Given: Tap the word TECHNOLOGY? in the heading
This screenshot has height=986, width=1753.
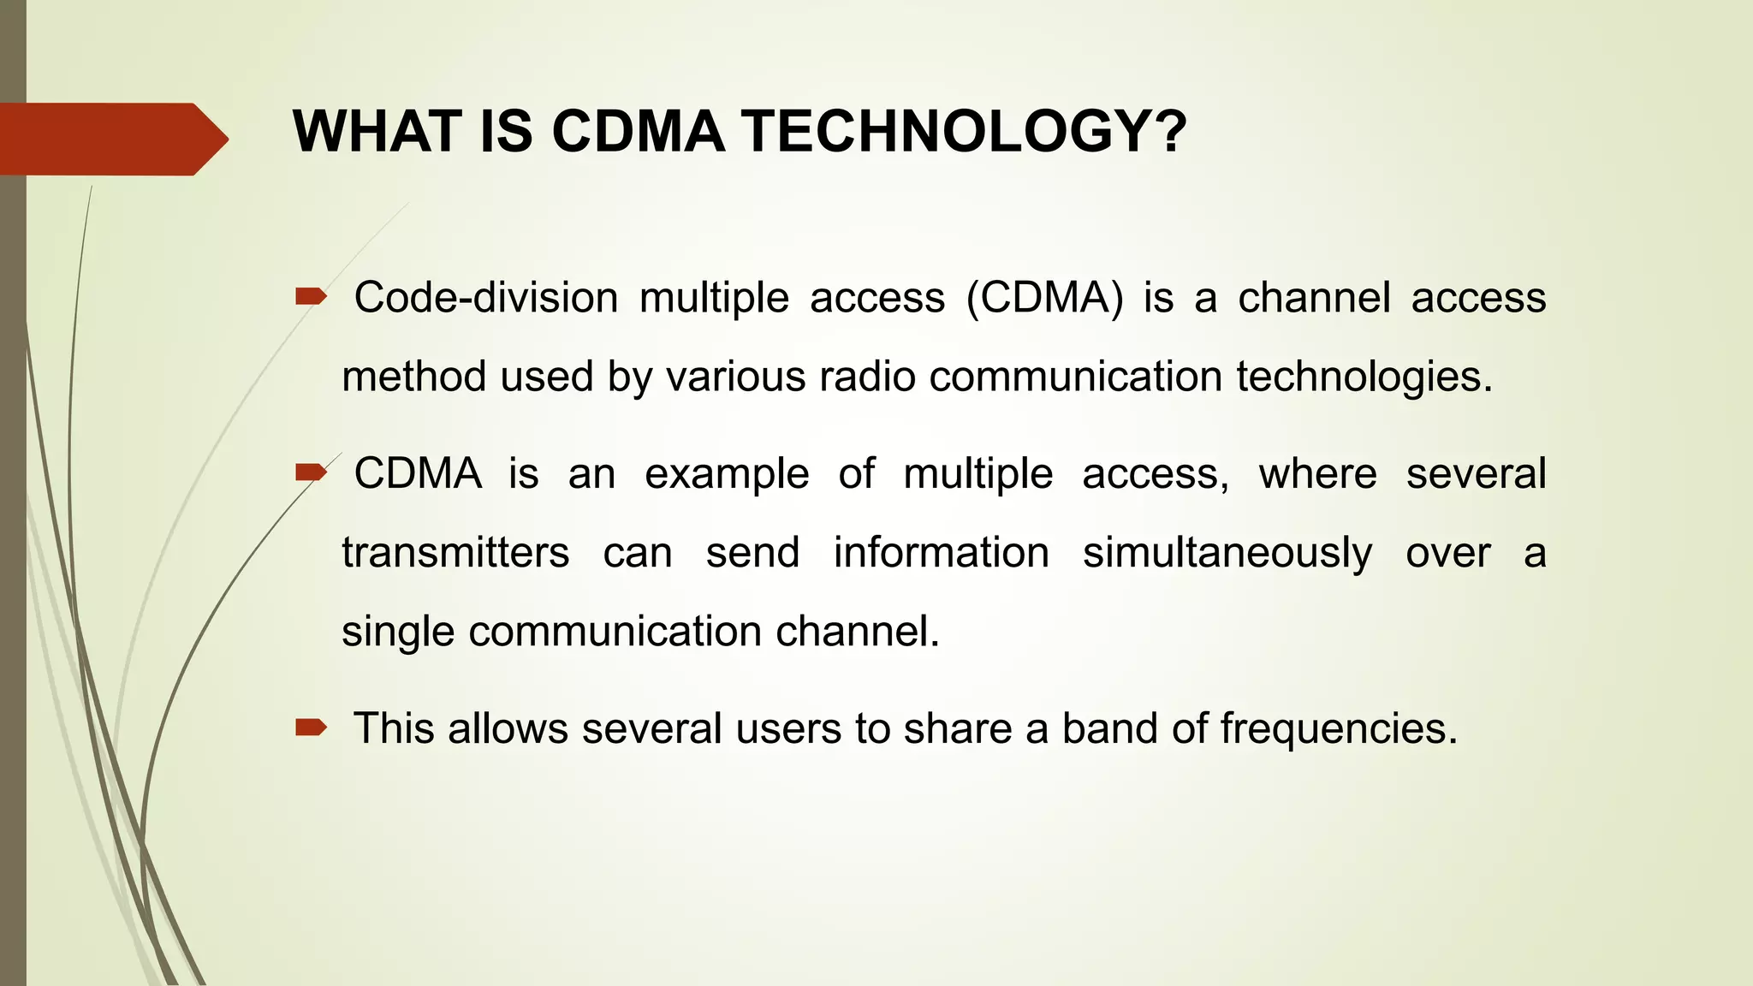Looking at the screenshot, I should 964,132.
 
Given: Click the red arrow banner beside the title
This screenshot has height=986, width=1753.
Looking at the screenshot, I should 111,139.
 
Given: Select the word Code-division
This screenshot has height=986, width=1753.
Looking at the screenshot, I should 485,298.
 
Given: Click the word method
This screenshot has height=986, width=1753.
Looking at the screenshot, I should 414,377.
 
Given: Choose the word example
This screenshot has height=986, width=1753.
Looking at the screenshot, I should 726,473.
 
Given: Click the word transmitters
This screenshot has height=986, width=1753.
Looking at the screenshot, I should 455,552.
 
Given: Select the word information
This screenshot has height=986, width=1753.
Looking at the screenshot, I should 941,552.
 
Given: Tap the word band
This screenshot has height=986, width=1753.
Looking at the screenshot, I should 1110,728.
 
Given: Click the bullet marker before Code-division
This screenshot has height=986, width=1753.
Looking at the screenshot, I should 311,297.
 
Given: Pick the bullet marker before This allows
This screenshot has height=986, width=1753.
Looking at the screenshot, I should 311,728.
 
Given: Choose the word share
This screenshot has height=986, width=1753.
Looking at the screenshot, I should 958,728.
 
